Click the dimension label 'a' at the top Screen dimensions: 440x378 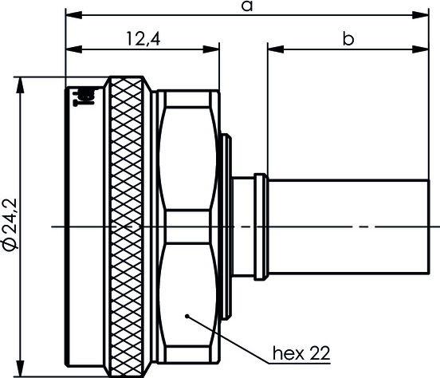pos(247,6)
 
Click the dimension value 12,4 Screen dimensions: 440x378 pos(143,39)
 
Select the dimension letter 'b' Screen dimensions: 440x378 pos(348,38)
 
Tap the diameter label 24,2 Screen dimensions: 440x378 pos(11,224)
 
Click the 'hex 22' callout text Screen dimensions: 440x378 pos(301,353)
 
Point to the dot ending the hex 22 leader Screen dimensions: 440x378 pos(187,316)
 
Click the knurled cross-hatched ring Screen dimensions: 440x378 pos(127,226)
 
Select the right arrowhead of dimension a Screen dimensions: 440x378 pos(420,15)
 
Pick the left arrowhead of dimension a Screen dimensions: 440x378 pos(73,15)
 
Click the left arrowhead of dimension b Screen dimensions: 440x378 pos(276,49)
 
